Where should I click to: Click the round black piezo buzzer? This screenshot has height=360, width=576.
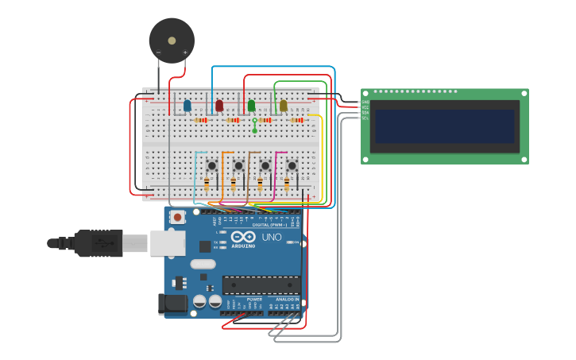pyautogui.click(x=172, y=41)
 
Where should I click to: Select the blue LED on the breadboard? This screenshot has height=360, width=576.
pyautogui.click(x=187, y=106)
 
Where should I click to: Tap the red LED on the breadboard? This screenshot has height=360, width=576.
pyautogui.click(x=219, y=105)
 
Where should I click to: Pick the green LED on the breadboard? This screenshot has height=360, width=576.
pyautogui.click(x=251, y=106)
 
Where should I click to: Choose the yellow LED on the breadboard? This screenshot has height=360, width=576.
pyautogui.click(x=283, y=105)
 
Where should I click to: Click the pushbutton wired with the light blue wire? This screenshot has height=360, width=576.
pyautogui.click(x=212, y=165)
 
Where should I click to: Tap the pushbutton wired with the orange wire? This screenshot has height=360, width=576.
pyautogui.click(x=238, y=165)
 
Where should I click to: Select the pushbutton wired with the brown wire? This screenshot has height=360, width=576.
pyautogui.click(x=265, y=165)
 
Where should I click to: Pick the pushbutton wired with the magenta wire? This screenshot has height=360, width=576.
pyautogui.click(x=292, y=165)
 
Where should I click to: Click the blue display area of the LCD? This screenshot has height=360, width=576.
pyautogui.click(x=444, y=126)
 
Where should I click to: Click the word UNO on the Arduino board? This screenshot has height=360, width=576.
pyautogui.click(x=272, y=237)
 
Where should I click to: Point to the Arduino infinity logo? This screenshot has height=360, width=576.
pyautogui.click(x=244, y=238)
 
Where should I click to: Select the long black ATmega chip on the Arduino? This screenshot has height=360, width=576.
pyautogui.click(x=261, y=285)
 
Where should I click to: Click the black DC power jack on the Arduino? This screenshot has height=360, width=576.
pyautogui.click(x=173, y=303)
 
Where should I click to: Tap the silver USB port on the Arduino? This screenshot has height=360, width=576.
pyautogui.click(x=167, y=243)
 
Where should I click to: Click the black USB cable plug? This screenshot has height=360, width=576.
pyautogui.click(x=99, y=243)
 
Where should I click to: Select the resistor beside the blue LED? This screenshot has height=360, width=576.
pyautogui.click(x=201, y=120)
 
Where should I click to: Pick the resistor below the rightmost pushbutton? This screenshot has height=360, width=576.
pyautogui.click(x=286, y=185)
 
